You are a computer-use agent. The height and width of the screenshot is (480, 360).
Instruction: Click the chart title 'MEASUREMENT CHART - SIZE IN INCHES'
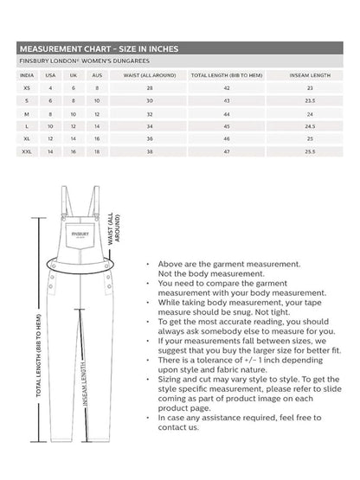[99, 49]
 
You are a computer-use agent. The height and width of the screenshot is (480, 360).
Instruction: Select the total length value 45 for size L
[227, 126]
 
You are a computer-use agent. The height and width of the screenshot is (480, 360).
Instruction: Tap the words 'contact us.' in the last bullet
[180, 451]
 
